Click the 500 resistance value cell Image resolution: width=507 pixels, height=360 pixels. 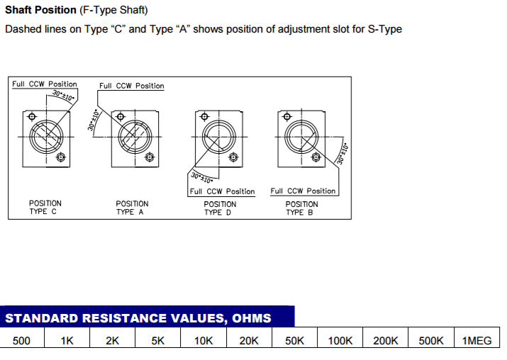pyautogui.click(x=22, y=341)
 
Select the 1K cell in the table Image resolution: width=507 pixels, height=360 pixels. pyautogui.click(x=67, y=341)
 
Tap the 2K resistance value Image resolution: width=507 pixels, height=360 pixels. pyautogui.click(x=113, y=341)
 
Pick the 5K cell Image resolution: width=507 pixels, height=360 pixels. pyautogui.click(x=158, y=341)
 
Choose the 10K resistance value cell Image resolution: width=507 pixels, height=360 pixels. pyautogui.click(x=204, y=341)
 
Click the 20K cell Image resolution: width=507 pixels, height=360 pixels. pyautogui.click(x=249, y=341)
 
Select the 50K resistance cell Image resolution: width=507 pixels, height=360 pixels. pyautogui.click(x=294, y=341)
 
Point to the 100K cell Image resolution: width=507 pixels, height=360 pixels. pyautogui.click(x=340, y=341)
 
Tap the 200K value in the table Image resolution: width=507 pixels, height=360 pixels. pyautogui.click(x=386, y=341)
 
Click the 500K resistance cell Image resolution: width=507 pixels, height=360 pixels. pyautogui.click(x=431, y=341)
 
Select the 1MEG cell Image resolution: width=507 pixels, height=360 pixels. pyautogui.click(x=477, y=341)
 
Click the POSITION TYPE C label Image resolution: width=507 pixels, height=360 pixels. pyautogui.click(x=45, y=208)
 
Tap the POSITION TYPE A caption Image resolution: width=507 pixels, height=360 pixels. pyautogui.click(x=132, y=208)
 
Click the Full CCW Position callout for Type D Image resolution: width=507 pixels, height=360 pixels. pyautogui.click(x=221, y=191)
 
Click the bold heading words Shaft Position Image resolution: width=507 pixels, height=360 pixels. pyautogui.click(x=40, y=11)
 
